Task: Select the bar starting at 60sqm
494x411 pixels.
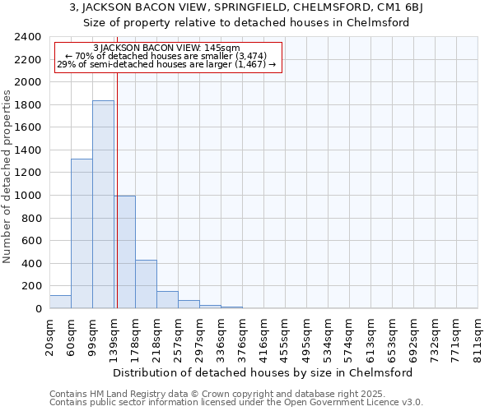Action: tap(82, 234)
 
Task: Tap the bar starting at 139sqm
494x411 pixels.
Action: tap(124, 252)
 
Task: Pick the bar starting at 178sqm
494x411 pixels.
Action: tap(146, 284)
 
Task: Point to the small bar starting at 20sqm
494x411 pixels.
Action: tap(60, 302)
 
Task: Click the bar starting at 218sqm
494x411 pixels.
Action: tap(167, 300)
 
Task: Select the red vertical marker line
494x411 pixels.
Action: tap(117, 189)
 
